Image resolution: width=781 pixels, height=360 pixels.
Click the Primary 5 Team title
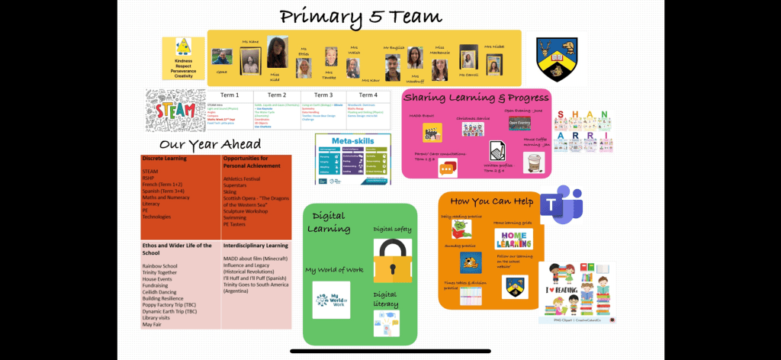click(x=361, y=16)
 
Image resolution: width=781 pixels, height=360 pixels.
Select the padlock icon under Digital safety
click(x=392, y=261)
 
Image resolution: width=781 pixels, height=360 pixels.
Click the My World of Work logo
click(x=331, y=300)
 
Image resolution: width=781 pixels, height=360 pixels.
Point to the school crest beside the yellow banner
click(x=555, y=59)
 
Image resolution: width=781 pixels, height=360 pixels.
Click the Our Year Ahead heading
click(x=210, y=144)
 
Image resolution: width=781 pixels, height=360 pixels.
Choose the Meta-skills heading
click(x=352, y=140)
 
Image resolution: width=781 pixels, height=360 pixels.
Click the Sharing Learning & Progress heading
click(x=476, y=98)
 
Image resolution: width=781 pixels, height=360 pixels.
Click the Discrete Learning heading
click(x=164, y=159)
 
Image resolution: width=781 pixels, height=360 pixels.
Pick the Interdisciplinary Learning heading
click(x=256, y=246)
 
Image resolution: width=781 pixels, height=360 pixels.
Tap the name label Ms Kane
click(x=250, y=43)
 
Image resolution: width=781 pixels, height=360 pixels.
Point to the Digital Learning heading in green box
click(x=330, y=221)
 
